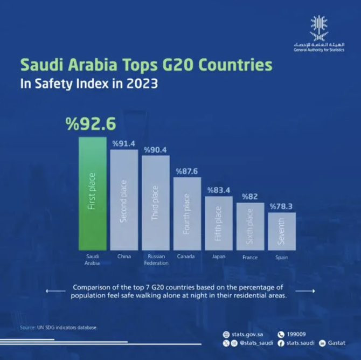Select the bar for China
tap(124, 199)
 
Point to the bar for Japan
tap(218, 223)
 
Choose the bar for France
tap(250, 226)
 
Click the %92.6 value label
tap(91, 124)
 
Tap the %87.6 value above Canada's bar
tap(186, 171)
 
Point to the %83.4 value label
tap(218, 190)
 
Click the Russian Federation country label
tap(156, 260)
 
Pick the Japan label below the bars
tap(218, 257)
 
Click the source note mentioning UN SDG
tap(59, 327)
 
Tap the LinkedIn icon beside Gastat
tap(323, 343)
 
